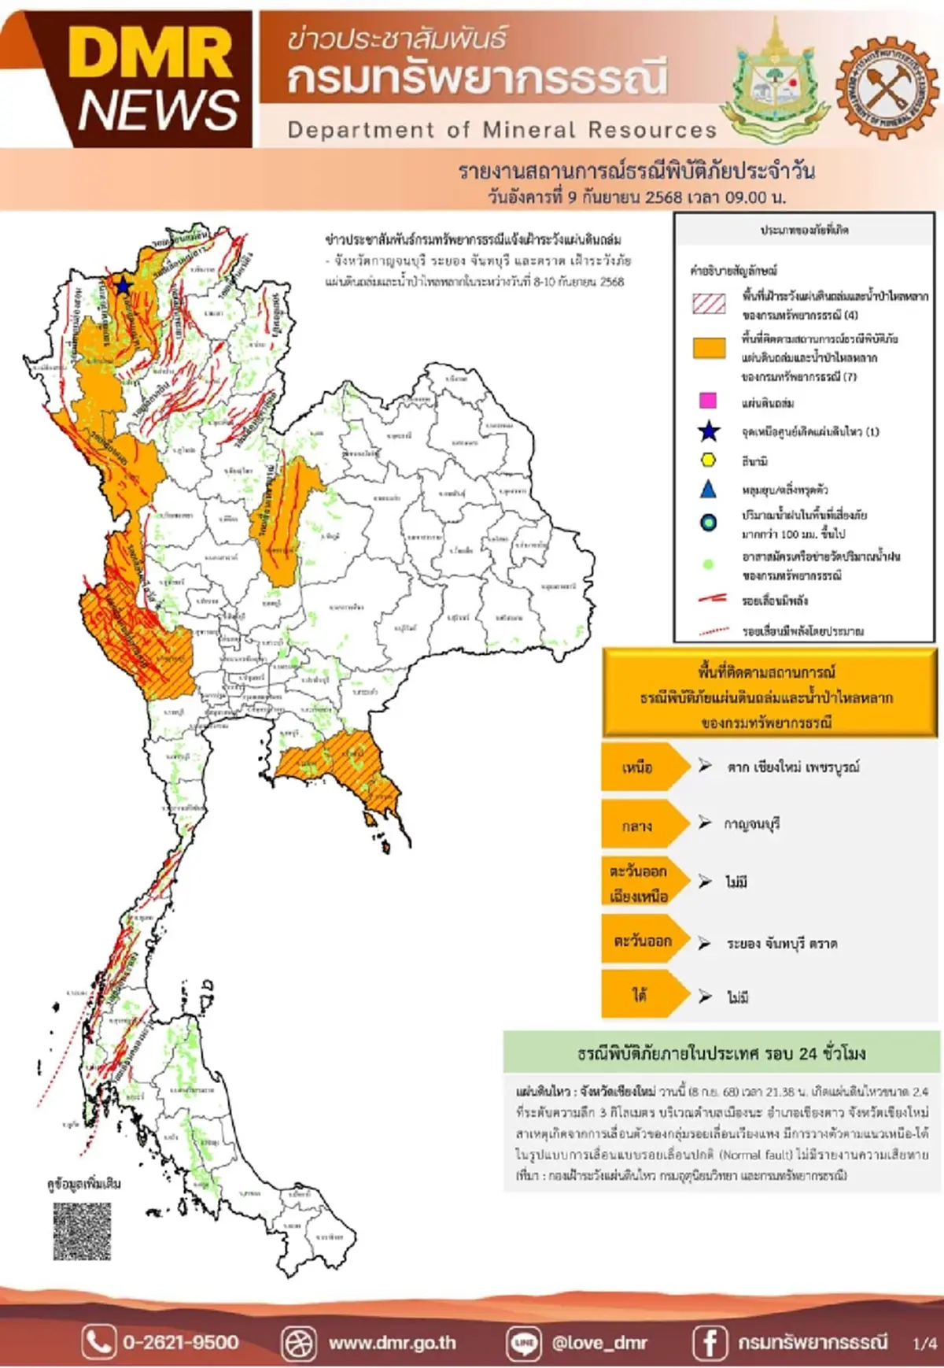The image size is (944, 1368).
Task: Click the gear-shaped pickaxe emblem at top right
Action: (x=887, y=87)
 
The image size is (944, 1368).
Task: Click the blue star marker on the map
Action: (x=124, y=286)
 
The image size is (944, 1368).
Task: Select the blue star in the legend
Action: (x=709, y=431)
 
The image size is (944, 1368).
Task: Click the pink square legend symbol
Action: (x=708, y=401)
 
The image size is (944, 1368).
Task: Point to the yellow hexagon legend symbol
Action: (x=708, y=460)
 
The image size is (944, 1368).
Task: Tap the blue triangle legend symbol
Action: (x=708, y=490)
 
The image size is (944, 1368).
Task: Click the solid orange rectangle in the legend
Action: (x=709, y=349)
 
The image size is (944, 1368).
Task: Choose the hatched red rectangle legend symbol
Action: (x=709, y=304)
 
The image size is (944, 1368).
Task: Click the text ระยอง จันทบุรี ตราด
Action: (x=781, y=943)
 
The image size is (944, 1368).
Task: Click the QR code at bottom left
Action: (x=82, y=1231)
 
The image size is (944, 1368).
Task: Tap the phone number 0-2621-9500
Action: (x=180, y=1342)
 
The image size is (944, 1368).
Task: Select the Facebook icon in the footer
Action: (x=709, y=1342)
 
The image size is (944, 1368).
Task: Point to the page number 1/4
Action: (x=924, y=1344)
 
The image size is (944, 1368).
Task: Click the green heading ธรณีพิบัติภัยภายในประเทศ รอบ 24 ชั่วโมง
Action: (x=721, y=1053)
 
